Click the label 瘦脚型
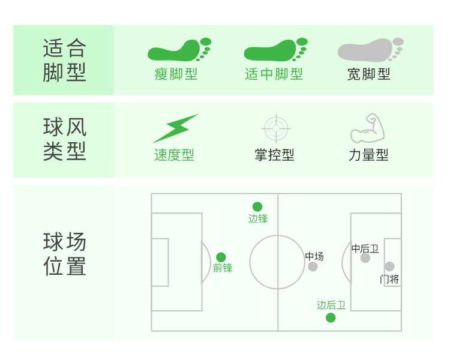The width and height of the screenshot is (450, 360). click(176, 74)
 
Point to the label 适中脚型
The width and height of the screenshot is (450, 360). click(274, 74)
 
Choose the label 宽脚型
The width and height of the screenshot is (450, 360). click(368, 74)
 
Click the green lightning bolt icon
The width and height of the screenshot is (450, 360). click(175, 128)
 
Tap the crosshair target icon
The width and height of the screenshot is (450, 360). click(276, 128)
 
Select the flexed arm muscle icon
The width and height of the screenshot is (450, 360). click(367, 128)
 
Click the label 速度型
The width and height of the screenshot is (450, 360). click(174, 155)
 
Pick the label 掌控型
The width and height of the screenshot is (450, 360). click(274, 155)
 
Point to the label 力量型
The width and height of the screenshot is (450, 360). click(368, 155)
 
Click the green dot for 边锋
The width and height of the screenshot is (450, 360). click(257, 206)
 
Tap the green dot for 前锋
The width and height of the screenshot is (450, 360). click(221, 257)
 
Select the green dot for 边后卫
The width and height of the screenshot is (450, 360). click(331, 317)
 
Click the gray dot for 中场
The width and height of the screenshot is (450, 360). click(313, 266)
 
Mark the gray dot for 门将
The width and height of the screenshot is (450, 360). click(389, 266)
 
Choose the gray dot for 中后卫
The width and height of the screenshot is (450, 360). click(365, 258)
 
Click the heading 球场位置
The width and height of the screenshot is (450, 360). click(64, 254)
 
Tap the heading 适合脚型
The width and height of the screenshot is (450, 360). click(64, 60)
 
